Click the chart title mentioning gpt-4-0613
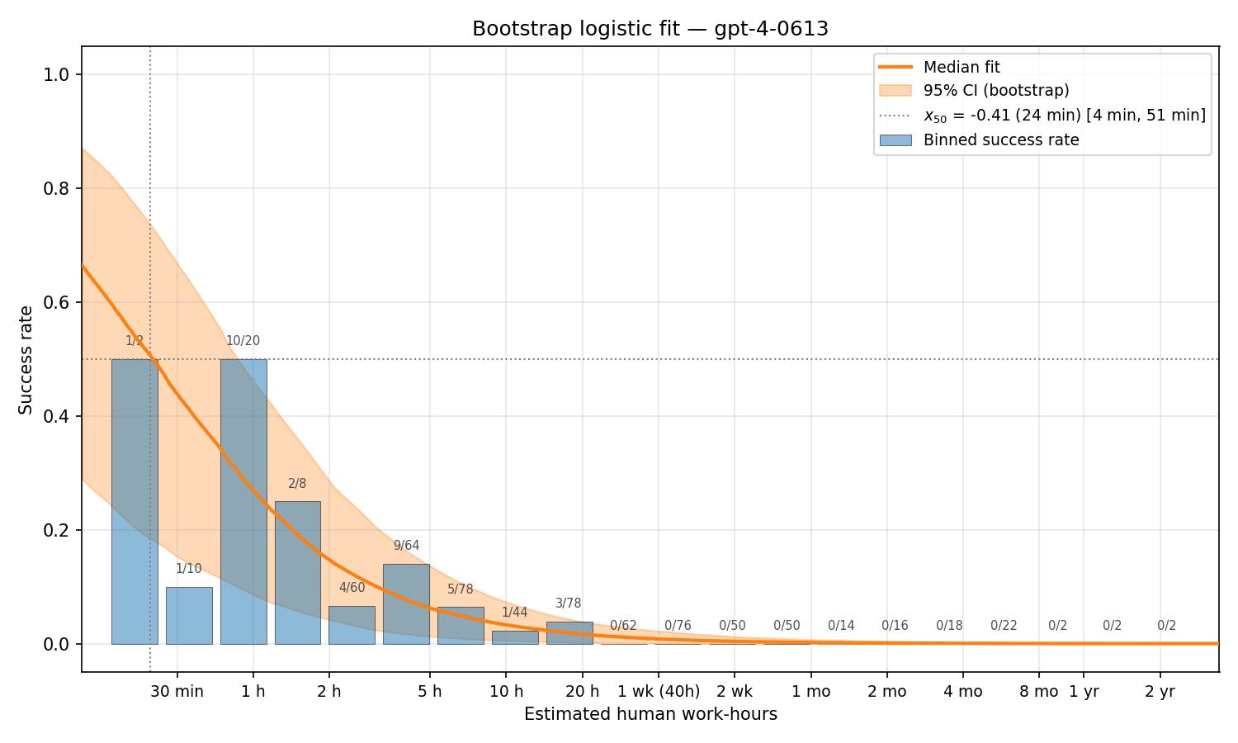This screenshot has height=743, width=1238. coord(650,29)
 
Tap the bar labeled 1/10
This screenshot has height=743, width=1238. coord(189,615)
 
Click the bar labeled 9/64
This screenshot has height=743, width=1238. coord(406,603)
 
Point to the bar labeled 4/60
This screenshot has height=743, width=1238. coord(352,625)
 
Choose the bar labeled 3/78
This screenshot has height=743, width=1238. coord(569,632)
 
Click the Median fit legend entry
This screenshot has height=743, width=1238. coord(962,68)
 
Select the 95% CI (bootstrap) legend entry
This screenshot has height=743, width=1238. coord(996,91)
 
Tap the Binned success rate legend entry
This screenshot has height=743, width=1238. coord(1000,140)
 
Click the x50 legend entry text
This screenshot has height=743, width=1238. coord(1064,116)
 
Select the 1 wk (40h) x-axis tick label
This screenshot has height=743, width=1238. coord(659,692)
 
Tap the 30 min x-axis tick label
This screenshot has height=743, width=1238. coord(177,692)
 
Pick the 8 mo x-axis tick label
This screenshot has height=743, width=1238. coord(1038,692)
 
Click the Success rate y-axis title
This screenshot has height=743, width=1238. coord(26,359)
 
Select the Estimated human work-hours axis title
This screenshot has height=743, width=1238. coord(650,714)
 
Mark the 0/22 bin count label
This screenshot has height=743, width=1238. coord(1004,626)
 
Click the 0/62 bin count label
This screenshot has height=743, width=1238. coord(624,626)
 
